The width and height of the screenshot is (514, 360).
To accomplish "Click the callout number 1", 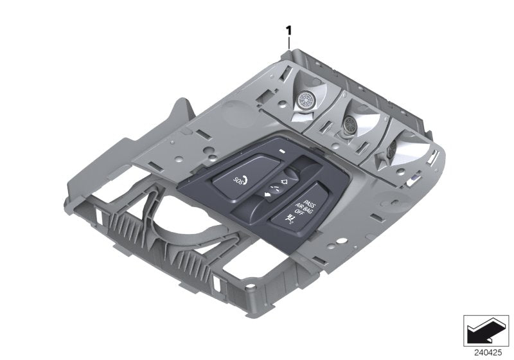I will click(289, 30).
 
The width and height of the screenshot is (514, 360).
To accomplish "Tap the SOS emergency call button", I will click(238, 181).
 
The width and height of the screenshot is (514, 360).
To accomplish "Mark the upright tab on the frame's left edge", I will click(184, 109).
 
